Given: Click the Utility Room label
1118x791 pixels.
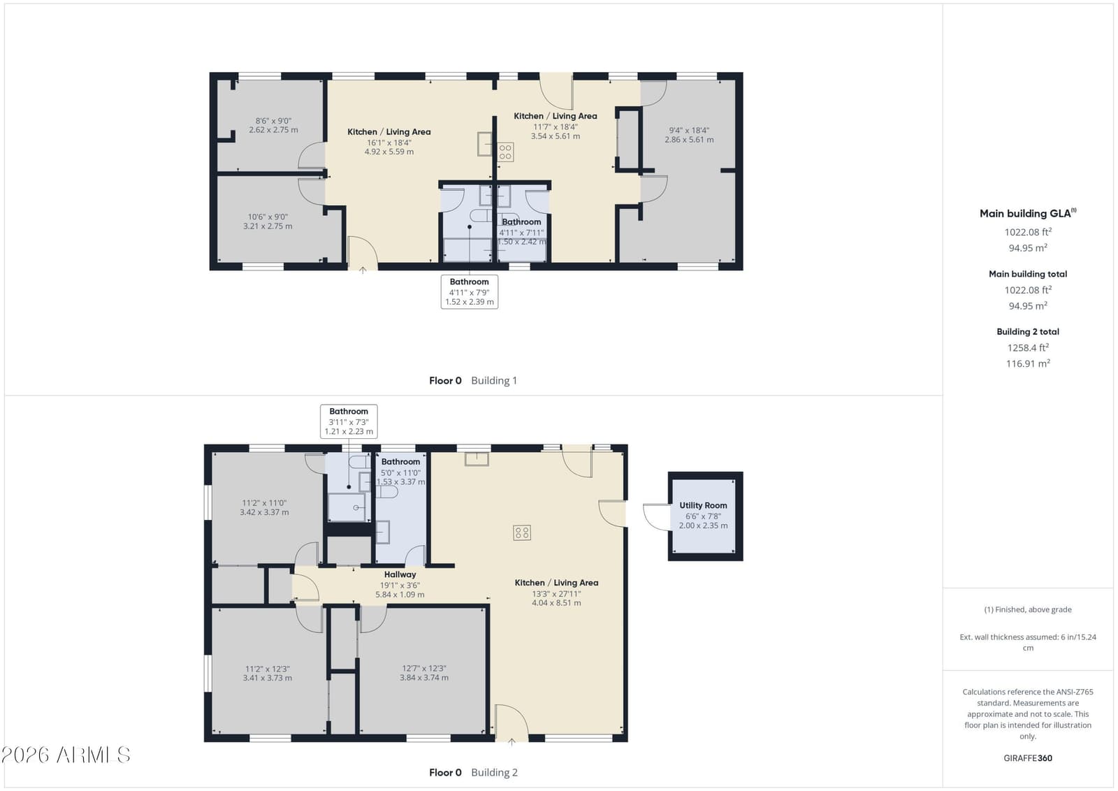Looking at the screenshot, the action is [x=703, y=505].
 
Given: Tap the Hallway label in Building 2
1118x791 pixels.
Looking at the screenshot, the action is [x=400, y=574].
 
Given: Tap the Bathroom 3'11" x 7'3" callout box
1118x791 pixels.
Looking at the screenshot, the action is [x=349, y=421].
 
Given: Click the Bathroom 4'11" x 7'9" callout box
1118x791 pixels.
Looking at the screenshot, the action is [x=469, y=292].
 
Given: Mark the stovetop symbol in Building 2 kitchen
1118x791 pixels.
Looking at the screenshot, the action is [x=521, y=533].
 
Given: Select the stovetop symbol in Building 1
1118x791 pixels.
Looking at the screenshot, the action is [x=505, y=152].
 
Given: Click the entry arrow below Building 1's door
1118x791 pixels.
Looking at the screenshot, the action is [x=363, y=270].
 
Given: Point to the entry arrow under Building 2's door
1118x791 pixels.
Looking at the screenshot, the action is [x=511, y=742].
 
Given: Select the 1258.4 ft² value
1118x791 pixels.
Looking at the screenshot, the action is [x=1028, y=347].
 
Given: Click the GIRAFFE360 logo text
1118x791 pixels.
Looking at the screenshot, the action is [x=1028, y=758].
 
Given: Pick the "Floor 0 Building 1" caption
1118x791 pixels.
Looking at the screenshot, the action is [x=472, y=380].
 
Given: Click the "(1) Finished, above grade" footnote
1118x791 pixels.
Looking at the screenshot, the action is [x=1028, y=609].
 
